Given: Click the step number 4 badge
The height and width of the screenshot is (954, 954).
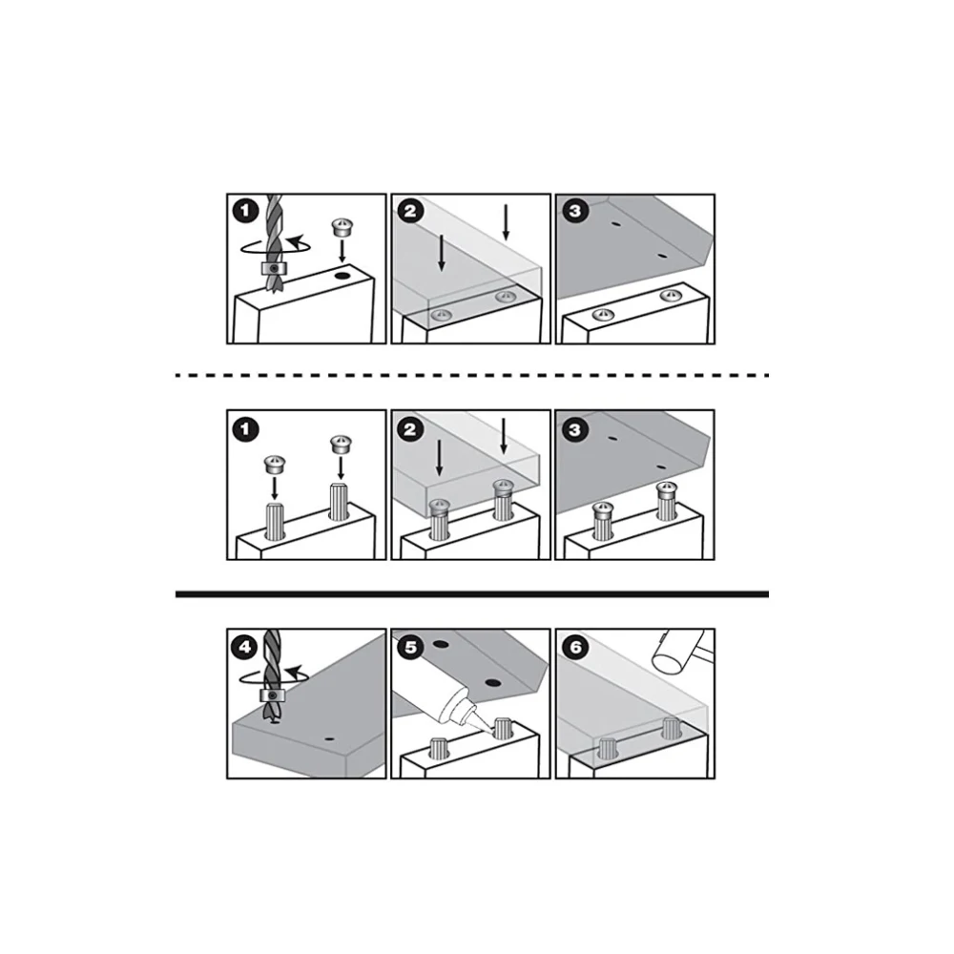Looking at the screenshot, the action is (244, 647).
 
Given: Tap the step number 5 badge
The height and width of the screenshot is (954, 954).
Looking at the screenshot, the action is (410, 647).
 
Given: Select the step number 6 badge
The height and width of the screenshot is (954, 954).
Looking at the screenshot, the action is (574, 647).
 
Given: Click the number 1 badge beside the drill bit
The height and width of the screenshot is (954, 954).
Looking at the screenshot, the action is (245, 211).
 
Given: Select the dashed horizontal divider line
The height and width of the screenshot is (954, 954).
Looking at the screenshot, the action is (472, 375).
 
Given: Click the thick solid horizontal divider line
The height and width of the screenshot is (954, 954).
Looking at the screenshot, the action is (472, 593).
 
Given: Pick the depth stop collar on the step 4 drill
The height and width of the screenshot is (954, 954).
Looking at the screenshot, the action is (271, 695).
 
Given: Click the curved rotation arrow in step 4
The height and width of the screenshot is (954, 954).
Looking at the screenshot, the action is (274, 675).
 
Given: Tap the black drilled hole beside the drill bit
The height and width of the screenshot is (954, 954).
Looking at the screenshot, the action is (342, 277).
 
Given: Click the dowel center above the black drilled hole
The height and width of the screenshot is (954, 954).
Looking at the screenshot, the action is (342, 228).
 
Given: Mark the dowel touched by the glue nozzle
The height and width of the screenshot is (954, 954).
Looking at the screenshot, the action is (502, 728).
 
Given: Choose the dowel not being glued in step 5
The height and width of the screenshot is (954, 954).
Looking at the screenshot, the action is (439, 748).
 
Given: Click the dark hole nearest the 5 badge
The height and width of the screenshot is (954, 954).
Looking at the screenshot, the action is (441, 644).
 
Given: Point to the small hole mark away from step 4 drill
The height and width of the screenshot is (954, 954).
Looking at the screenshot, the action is (330, 739).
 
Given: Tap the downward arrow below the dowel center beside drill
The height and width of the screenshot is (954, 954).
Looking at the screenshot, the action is (342, 251).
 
